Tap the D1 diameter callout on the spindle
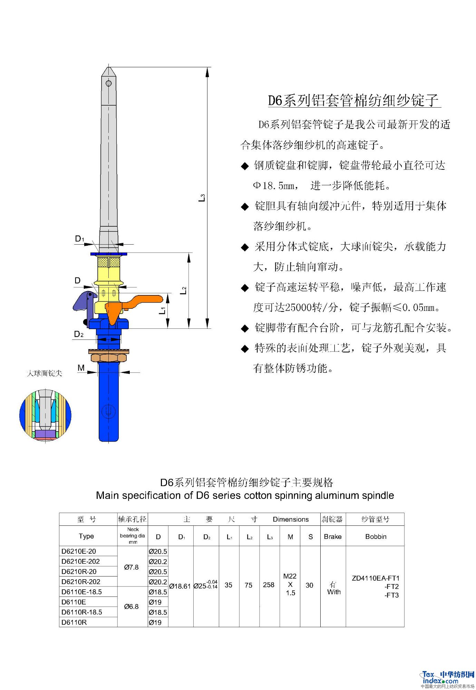tap(79, 239)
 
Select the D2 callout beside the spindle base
tap(79, 334)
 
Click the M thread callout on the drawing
tap(81, 368)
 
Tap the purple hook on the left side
tap(83, 301)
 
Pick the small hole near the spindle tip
tap(108, 83)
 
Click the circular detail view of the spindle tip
tap(45, 415)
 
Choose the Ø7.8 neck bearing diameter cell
tap(132, 567)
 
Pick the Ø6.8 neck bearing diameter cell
tap(132, 607)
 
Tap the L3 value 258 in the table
tap(269, 585)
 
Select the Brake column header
tap(333, 536)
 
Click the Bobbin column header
tap(376, 536)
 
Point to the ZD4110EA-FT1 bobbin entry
tap(376, 578)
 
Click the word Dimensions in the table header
tap(291, 519)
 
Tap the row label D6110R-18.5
tap(82, 612)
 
